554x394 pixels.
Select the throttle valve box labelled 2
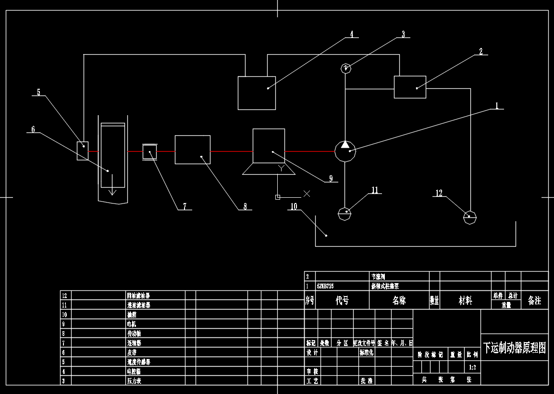coord(410,87)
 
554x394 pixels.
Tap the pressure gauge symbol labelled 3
coord(345,68)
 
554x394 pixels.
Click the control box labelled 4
coord(257,93)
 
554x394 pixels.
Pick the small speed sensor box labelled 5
coord(83,151)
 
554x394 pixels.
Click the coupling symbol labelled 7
coord(150,152)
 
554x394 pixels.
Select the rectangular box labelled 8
coord(192,150)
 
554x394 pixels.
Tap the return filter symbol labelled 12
coord(469,217)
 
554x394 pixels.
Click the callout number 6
coord(33,130)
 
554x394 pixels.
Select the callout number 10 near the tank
coord(294,207)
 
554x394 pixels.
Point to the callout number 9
coord(331,179)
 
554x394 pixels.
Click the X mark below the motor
coord(307,193)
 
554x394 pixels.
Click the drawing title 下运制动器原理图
coord(514,347)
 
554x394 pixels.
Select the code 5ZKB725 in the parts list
coord(325,286)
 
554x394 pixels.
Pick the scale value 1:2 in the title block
coord(472,368)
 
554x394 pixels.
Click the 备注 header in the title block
coord(534,300)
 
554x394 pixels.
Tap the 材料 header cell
coord(465,300)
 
